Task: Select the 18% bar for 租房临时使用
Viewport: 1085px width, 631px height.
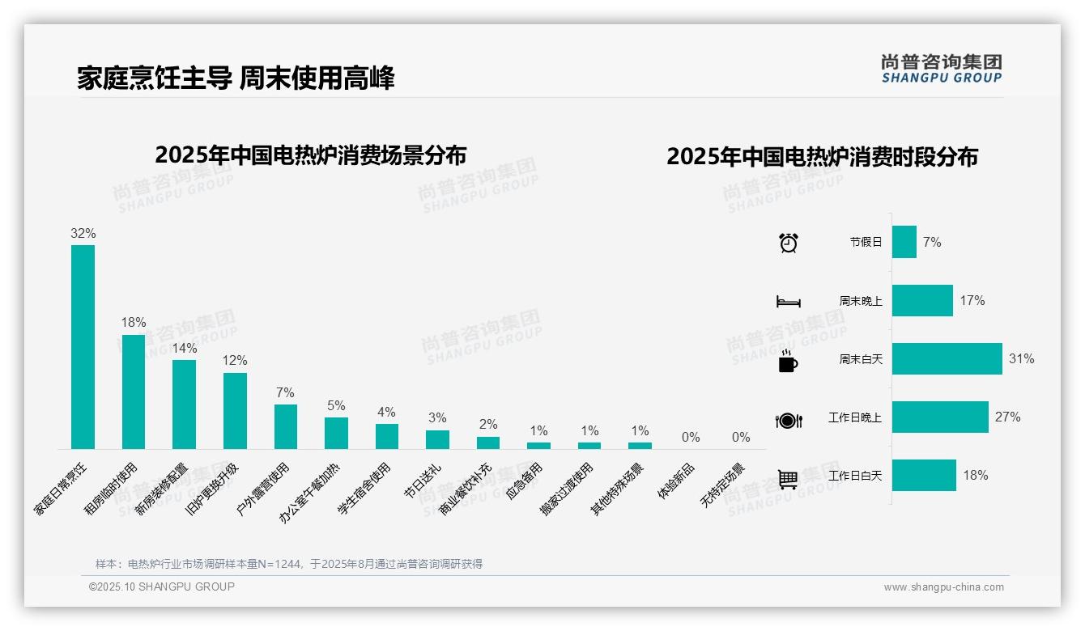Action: tap(134, 392)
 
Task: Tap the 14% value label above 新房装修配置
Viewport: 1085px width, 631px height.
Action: tap(185, 348)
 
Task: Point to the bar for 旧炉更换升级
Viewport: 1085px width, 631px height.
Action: tap(235, 410)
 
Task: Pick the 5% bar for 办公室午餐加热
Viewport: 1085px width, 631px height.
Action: tap(336, 433)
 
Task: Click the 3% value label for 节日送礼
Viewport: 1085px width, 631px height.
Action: tap(437, 417)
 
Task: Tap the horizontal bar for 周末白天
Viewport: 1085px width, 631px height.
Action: tap(947, 358)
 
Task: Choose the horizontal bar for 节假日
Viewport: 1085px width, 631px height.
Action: tap(904, 242)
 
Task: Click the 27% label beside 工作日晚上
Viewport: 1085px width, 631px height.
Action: tap(1007, 417)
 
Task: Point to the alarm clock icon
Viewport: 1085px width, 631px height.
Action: tap(788, 242)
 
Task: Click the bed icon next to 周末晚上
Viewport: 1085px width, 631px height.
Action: tap(788, 302)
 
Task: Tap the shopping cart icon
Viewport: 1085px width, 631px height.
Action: tap(788, 479)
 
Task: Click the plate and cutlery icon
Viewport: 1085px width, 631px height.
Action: tap(788, 420)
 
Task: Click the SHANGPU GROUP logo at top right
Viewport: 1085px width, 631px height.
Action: tap(941, 68)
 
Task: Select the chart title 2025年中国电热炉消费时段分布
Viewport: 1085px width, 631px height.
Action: tap(822, 156)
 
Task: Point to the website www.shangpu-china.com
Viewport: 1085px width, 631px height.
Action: tap(943, 587)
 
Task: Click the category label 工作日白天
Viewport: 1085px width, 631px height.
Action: tap(855, 476)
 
